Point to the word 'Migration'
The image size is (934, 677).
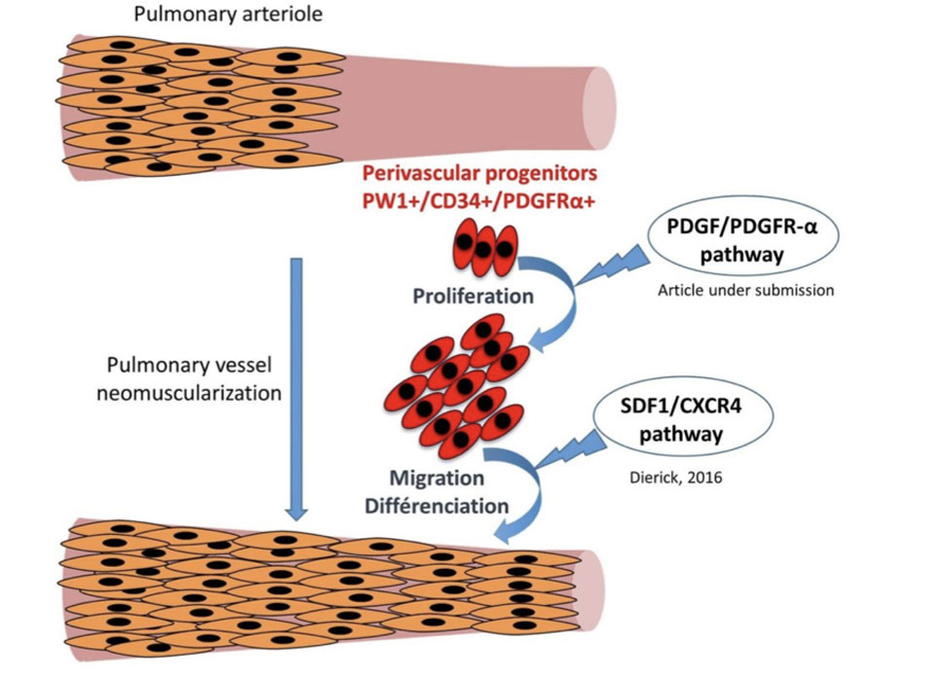(437, 480)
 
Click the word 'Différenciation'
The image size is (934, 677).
(449, 506)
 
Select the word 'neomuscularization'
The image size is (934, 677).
(196, 394)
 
